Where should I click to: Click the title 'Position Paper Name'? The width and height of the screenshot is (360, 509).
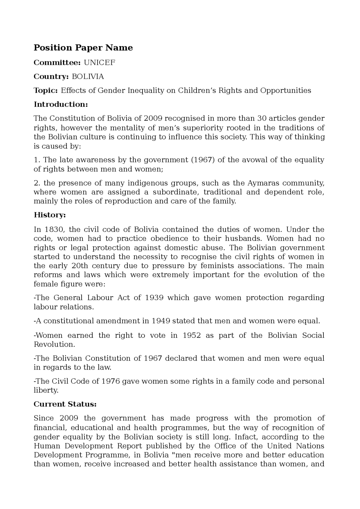pos(83,48)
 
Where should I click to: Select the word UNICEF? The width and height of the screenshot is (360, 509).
pos(99,62)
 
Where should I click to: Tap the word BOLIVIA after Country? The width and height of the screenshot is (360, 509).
pos(88,76)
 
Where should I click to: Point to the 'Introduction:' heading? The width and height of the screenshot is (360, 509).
pos(61,104)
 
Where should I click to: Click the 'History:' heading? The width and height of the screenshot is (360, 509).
pos(50,215)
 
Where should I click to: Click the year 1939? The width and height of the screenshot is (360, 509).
pos(154,298)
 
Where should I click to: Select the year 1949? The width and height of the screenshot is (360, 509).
pos(161,321)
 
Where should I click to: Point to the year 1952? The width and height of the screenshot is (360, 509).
pos(192,335)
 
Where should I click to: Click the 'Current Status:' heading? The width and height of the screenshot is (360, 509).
pos(65,404)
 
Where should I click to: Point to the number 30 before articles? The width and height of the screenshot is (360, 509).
pos(266,118)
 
